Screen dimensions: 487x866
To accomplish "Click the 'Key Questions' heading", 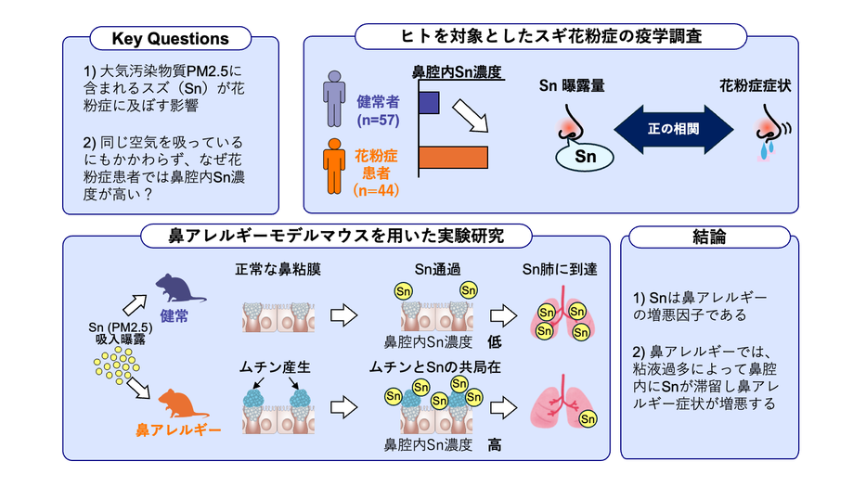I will (x=170, y=39).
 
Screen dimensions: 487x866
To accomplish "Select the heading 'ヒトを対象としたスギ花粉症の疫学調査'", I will (x=551, y=37).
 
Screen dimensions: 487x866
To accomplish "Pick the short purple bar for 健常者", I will (x=429, y=102).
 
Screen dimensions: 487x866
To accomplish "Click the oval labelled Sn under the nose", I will (x=586, y=157).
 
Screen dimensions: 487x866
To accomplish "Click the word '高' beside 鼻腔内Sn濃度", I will (x=496, y=445).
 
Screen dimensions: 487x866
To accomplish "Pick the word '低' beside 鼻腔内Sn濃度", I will (x=496, y=340).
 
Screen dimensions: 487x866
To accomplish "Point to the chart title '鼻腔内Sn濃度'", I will (x=456, y=70).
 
